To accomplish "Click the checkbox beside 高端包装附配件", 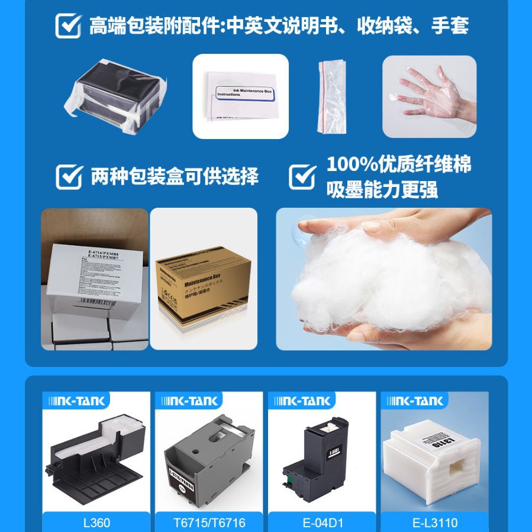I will click(x=69, y=26).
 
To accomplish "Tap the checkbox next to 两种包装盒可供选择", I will click(x=69, y=176).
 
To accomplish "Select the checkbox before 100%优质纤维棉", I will click(x=302, y=176).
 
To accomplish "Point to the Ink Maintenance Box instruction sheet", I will click(x=241, y=96).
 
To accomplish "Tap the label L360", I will click(x=96, y=523).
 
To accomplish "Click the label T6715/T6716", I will click(x=208, y=523).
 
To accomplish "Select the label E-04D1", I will click(x=321, y=523).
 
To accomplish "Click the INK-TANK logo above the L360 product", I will click(x=75, y=401).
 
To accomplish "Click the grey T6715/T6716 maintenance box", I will click(x=208, y=456).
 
